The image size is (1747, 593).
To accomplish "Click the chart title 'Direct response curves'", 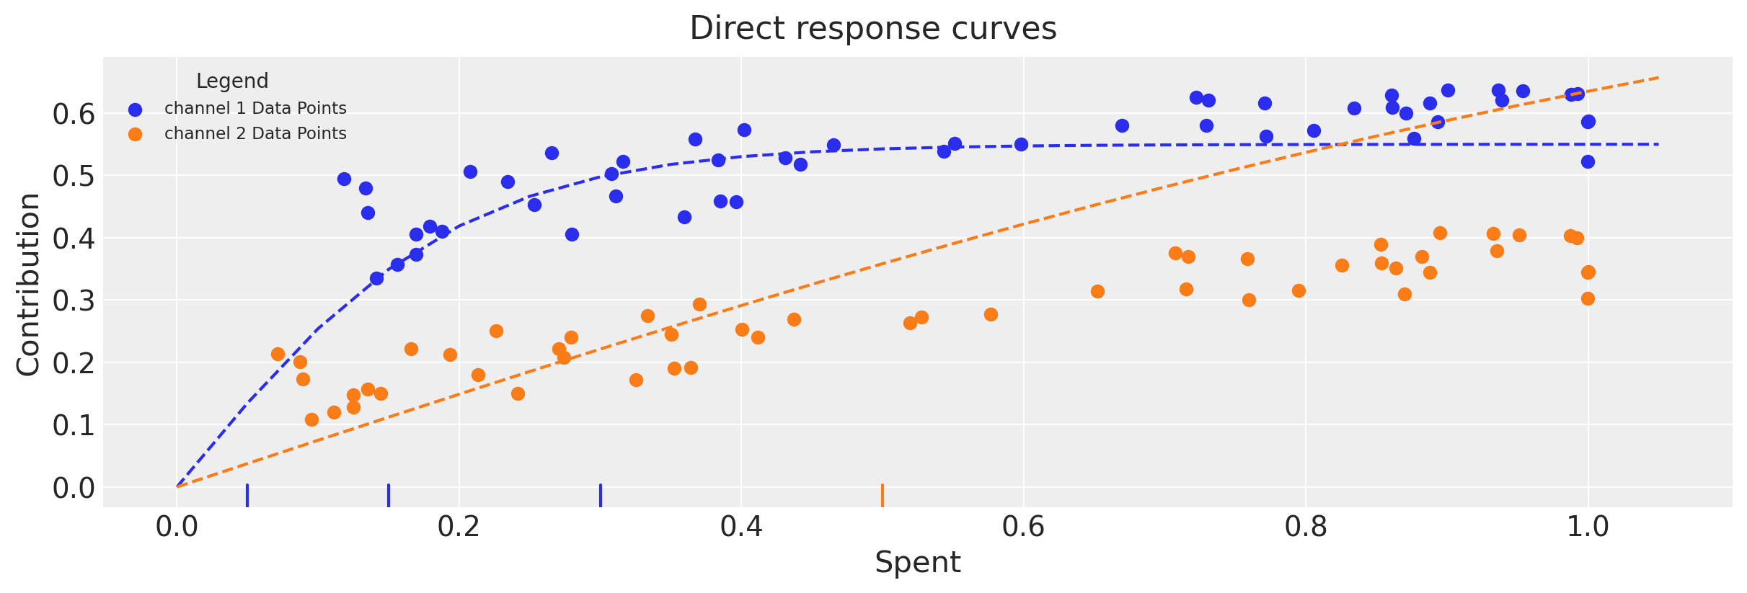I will (872, 29).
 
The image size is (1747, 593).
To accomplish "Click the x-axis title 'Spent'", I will (917, 562).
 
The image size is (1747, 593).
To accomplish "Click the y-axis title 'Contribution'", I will (29, 284).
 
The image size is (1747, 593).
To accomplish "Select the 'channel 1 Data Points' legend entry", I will (255, 109).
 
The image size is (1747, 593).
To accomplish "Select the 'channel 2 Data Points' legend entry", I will (255, 134).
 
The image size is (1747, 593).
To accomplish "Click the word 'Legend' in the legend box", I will (232, 81).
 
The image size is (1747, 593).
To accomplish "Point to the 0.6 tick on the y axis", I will (74, 114).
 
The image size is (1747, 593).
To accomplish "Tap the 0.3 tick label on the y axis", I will (74, 300).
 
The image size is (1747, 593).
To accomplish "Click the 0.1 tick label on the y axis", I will (74, 425).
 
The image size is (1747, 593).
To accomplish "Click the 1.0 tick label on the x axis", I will (1587, 527).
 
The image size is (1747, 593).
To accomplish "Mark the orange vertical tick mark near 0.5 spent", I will (883, 496).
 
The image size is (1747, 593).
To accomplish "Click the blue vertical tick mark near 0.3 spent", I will (601, 496).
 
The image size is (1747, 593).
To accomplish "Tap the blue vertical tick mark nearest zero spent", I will (247, 496).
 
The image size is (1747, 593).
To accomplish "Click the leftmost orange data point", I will (278, 354).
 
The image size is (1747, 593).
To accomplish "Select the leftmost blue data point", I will (344, 179).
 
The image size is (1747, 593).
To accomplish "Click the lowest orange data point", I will (311, 419).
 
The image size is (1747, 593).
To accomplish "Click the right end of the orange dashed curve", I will (1658, 77).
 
